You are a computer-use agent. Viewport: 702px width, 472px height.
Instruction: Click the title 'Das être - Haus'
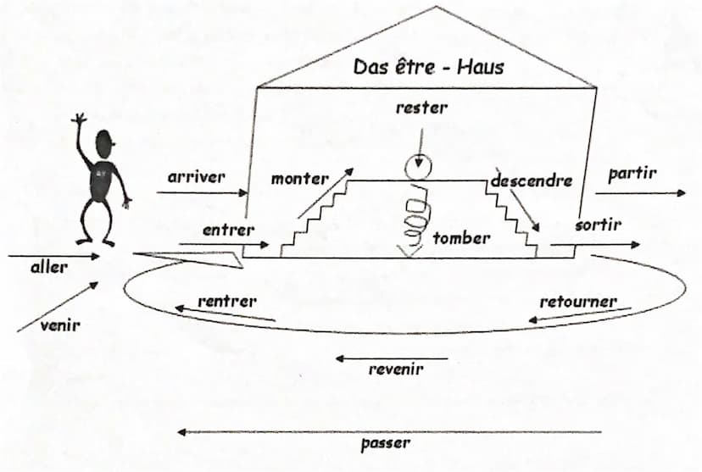(428, 66)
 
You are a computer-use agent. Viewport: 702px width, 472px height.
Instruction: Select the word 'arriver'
(197, 177)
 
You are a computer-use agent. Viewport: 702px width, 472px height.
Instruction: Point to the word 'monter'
(299, 179)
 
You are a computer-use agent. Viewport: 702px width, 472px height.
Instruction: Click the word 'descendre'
(532, 180)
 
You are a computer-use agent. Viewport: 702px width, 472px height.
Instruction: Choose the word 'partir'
(632, 174)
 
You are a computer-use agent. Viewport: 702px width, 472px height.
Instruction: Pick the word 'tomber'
(461, 238)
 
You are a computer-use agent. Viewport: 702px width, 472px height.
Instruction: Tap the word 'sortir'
(598, 225)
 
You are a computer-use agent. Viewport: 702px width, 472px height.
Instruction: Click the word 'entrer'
(228, 230)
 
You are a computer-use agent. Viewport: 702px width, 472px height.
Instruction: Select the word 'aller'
(48, 267)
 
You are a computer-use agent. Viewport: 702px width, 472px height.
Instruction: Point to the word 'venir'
(59, 324)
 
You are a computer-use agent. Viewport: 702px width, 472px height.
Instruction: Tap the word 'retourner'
(577, 302)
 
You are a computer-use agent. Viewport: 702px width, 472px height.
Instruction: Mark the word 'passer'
(385, 442)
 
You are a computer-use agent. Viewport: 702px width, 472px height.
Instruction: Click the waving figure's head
(106, 142)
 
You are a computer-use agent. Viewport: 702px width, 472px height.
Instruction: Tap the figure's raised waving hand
(80, 120)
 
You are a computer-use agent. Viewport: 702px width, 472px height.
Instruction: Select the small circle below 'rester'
(416, 168)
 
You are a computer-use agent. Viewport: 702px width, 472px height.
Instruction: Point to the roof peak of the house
(437, 8)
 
